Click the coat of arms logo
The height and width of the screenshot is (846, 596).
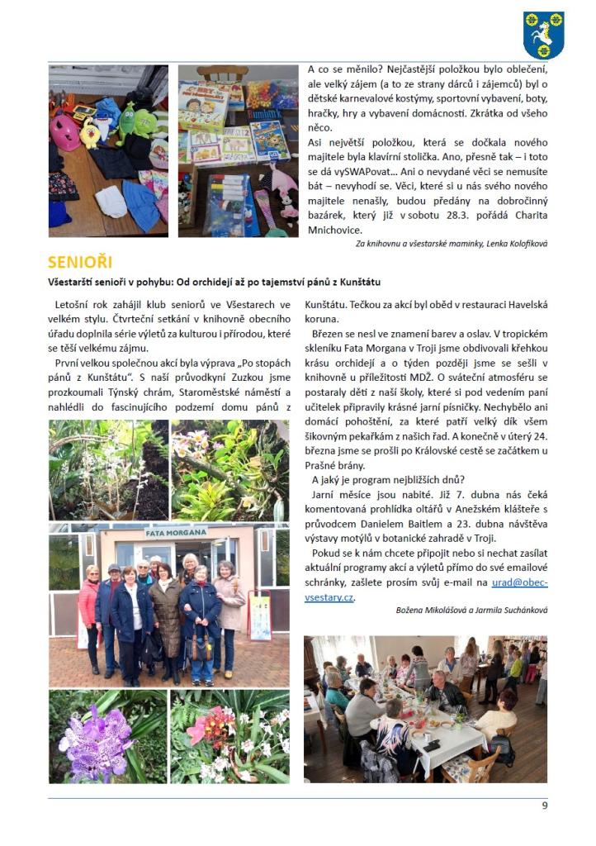[543, 35]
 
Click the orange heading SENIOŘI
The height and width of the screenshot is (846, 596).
[79, 263]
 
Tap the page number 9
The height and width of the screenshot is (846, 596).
[544, 806]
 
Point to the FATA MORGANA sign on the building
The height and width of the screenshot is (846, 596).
[176, 532]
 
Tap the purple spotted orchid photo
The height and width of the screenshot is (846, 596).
[108, 737]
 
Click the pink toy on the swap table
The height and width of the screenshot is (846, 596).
[64, 131]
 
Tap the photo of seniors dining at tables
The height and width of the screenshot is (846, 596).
[425, 708]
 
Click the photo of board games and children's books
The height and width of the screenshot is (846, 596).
[237, 151]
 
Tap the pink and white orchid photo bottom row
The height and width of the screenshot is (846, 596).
[229, 737]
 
